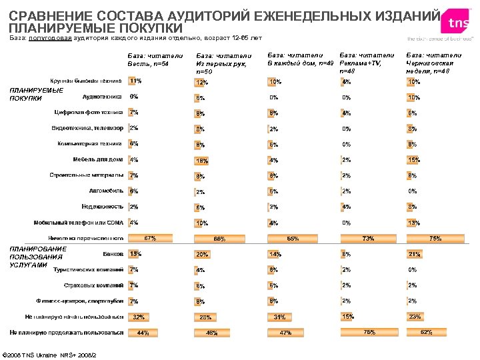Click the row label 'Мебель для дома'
(97, 159)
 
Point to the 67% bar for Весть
(150, 237)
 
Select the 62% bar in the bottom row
(426, 332)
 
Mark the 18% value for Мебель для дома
(202, 161)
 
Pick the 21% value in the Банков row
(414, 254)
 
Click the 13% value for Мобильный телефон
(413, 223)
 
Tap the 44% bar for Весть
(143, 333)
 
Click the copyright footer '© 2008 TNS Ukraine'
(51, 353)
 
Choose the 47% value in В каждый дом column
(285, 332)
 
